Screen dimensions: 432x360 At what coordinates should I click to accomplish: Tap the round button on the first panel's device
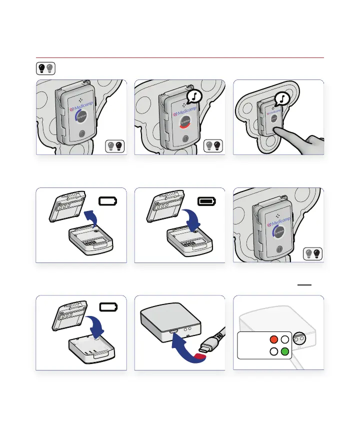coord(82,134)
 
